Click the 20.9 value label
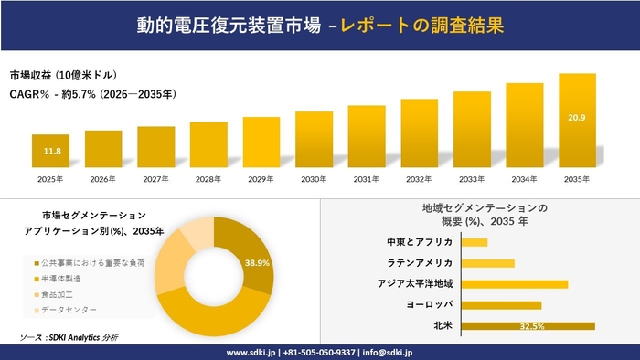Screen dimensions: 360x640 click(577, 118)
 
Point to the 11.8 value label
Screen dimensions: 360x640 click(52, 151)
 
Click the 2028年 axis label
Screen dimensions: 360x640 click(208, 178)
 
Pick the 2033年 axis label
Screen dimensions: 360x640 click(472, 178)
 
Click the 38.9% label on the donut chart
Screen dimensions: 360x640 click(257, 262)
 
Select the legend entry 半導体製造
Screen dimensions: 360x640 click(60, 278)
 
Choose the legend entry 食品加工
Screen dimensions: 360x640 click(56, 296)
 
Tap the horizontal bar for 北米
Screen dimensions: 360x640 click(528, 325)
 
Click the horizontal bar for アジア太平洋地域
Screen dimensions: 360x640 click(515, 284)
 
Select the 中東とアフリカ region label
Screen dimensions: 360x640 click(420, 242)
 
